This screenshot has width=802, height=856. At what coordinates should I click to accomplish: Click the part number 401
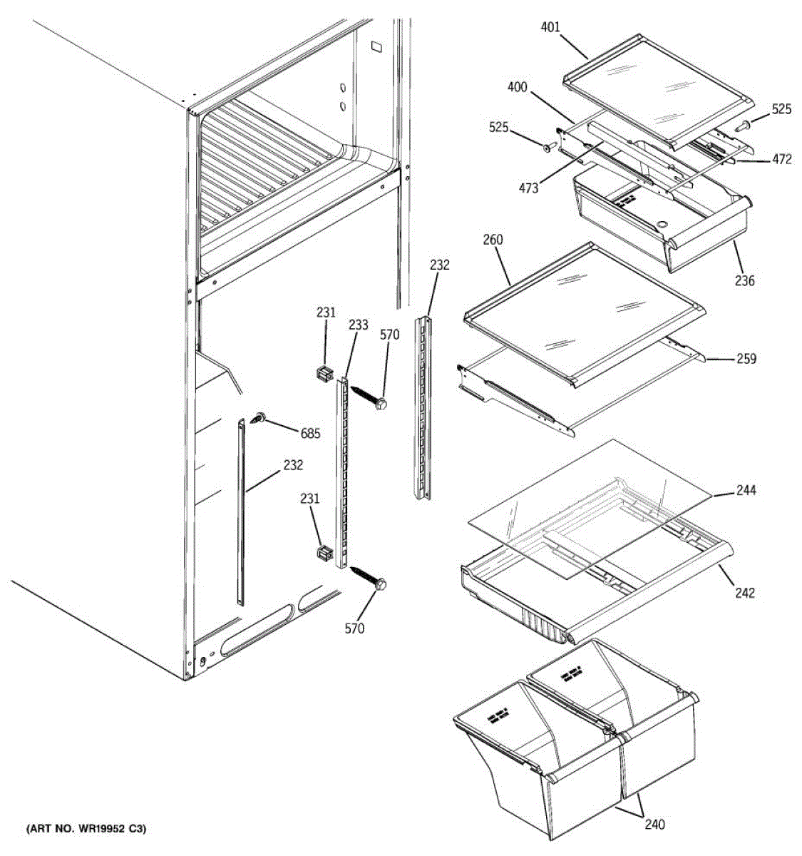click(x=550, y=28)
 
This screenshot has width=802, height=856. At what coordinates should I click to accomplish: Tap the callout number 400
click(x=518, y=88)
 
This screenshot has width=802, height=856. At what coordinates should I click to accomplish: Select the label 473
click(x=529, y=188)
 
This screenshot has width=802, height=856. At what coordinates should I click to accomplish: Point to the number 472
click(x=781, y=160)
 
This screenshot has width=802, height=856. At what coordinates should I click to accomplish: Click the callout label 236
click(x=744, y=281)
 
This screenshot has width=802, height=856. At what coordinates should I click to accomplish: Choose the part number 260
click(x=493, y=240)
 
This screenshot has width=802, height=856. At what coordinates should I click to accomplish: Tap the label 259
click(x=746, y=359)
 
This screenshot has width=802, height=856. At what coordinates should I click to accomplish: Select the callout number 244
click(x=746, y=491)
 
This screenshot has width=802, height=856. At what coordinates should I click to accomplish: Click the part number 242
click(x=744, y=593)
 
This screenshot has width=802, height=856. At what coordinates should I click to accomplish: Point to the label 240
click(x=654, y=825)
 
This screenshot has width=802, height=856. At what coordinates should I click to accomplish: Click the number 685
click(x=310, y=433)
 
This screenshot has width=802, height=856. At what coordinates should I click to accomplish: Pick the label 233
click(x=359, y=325)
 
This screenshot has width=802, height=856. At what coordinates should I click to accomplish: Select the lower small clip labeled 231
click(x=324, y=553)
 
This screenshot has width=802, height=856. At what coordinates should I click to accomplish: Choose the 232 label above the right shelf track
click(x=440, y=265)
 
